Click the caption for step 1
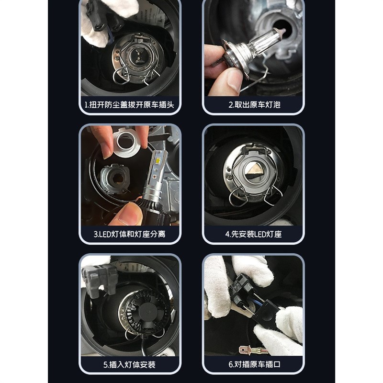tap(129, 105)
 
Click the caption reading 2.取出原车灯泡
tap(254, 105)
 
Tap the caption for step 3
tap(129, 234)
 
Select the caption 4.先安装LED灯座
tap(254, 234)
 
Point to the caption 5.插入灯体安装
tap(129, 365)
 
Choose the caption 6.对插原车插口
tap(254, 364)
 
